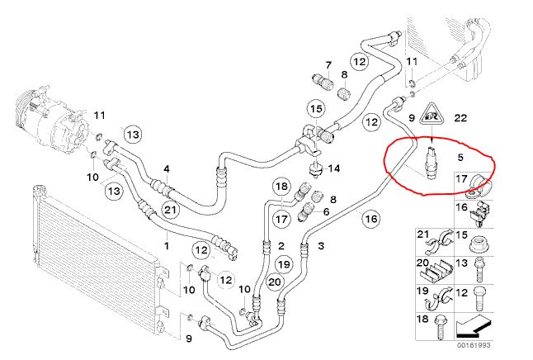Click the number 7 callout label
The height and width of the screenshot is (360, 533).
tap(328, 65)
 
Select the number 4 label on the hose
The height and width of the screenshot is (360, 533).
tap(166, 170)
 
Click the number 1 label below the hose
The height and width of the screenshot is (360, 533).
tap(166, 245)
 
